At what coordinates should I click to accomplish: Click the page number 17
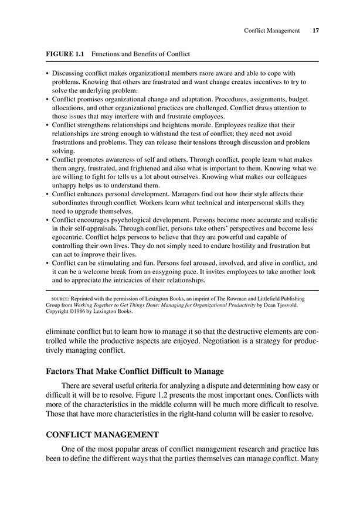[x=316, y=30]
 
